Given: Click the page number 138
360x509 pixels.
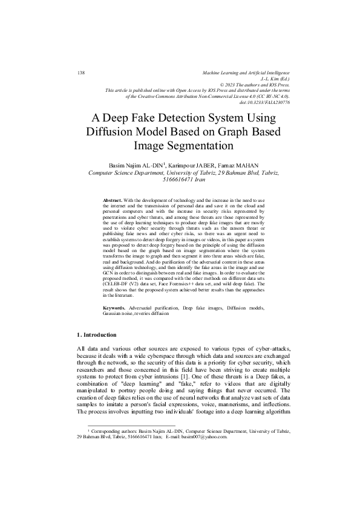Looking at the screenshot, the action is pos(81,73).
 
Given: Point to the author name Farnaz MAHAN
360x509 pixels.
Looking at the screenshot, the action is pos(249,164).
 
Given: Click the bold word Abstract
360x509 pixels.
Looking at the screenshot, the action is pos(113,199).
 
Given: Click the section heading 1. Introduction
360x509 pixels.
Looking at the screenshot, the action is pos(102,335).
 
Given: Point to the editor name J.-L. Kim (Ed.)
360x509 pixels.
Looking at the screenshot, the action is pos(275,79).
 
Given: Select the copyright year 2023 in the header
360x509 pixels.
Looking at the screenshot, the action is pos(234,85).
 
